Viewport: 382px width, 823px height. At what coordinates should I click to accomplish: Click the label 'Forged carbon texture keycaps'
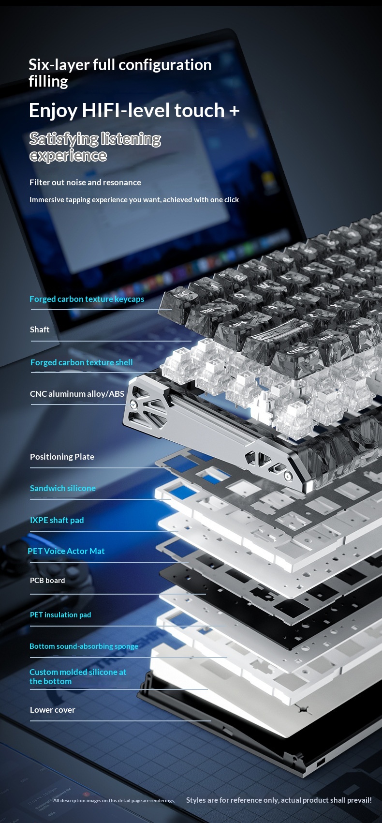87,299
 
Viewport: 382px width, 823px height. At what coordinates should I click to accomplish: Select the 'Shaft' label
40,329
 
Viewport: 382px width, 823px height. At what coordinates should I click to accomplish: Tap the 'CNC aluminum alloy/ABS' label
77,394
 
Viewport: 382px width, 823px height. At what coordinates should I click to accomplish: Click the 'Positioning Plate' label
62,457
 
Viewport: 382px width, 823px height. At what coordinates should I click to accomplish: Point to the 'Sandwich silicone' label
63,488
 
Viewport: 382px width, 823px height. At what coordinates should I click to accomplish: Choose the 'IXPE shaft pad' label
57,520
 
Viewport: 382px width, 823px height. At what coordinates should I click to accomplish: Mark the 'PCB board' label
47,581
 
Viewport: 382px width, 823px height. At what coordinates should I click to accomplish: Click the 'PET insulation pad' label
60,614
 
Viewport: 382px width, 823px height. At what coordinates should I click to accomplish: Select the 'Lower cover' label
53,710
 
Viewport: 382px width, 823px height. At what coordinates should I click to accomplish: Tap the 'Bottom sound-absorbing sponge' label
84,646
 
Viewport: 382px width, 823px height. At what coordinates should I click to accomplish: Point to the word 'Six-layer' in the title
59,65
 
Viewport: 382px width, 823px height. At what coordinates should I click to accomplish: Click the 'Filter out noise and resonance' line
85,182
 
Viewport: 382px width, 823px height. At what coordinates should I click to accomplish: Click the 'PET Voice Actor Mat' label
66,551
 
